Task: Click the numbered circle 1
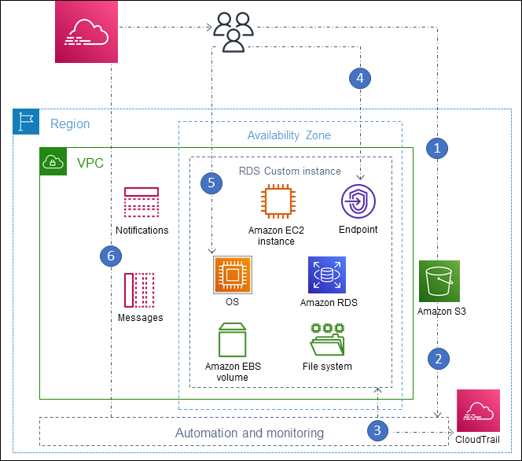point(438,147)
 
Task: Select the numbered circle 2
point(438,359)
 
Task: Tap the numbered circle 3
point(378,430)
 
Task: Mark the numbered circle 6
point(112,256)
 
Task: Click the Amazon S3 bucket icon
point(439,281)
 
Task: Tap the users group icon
point(233,32)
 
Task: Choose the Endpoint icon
point(358,202)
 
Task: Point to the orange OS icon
point(232,275)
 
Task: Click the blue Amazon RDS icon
point(327,275)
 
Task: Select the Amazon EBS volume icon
point(232,340)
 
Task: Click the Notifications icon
point(142,203)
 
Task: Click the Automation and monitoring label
point(249,433)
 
